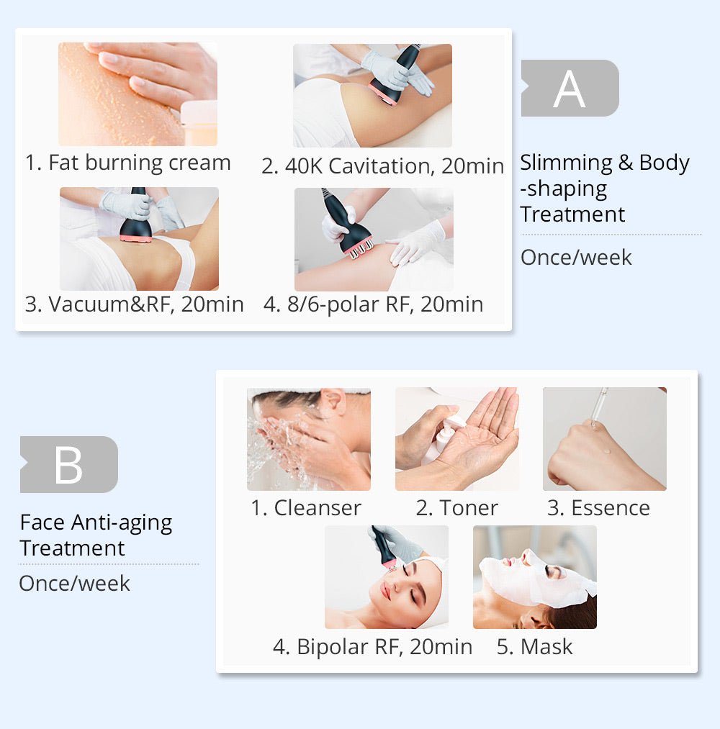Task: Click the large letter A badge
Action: (570, 89)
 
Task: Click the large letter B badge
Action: (68, 464)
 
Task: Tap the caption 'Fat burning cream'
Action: (128, 163)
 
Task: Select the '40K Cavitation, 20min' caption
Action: (382, 166)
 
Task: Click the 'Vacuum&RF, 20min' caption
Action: (135, 304)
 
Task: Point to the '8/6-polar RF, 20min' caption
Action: (373, 304)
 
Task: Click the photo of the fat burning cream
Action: (137, 94)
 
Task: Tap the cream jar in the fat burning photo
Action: (199, 123)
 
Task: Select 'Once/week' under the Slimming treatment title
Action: (576, 258)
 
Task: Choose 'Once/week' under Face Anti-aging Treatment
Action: (75, 583)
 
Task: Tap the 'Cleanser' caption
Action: (306, 507)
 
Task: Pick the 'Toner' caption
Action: (456, 507)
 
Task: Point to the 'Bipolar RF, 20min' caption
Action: (372, 646)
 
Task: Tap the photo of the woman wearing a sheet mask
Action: (534, 577)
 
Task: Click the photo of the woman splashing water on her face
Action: (308, 439)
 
